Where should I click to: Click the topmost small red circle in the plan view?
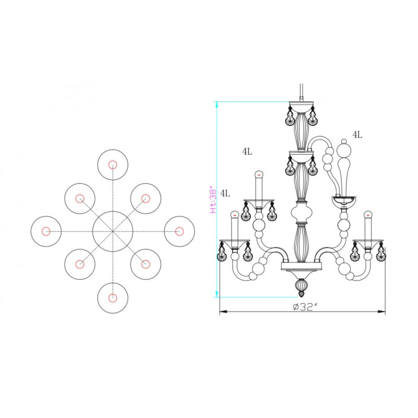[x=113, y=165]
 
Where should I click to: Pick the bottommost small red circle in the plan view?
[x=113, y=298]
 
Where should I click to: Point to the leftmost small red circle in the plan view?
[x=46, y=231]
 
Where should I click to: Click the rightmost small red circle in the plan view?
[x=179, y=231]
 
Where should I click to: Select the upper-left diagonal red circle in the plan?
[x=80, y=198]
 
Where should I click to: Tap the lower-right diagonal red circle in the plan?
[x=146, y=264]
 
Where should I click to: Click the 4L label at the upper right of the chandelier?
[x=357, y=135]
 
